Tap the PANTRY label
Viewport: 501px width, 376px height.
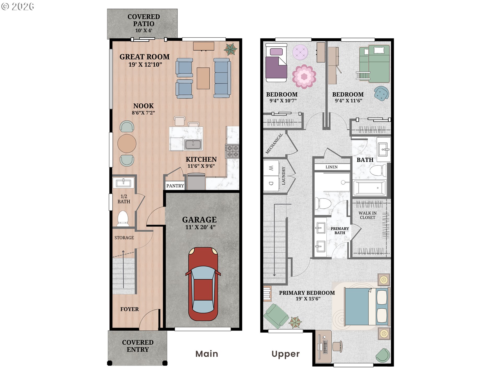175,186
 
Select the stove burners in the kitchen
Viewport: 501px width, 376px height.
232,151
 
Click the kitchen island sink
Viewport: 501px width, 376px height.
193,144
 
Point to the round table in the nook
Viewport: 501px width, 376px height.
127,143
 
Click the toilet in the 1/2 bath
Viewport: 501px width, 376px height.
123,218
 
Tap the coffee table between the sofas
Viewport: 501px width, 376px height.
203,78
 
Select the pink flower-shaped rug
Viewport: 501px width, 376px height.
304,76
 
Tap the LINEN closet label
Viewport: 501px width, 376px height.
331,167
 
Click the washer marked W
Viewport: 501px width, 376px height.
271,168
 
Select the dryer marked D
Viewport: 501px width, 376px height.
271,184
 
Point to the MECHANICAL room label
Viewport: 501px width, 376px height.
274,144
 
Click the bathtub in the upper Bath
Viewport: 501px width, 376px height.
369,188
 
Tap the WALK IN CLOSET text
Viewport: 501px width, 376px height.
367,215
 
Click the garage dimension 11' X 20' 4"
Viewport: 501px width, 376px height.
200,227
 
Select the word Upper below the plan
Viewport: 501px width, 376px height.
285,354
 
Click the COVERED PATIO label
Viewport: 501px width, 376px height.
144,20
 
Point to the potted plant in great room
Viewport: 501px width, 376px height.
230,49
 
